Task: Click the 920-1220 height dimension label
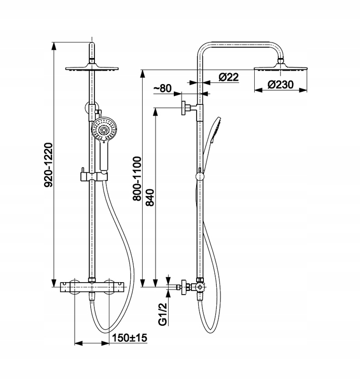coord(48,165)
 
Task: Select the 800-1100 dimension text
coord(137,178)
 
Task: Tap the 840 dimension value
coord(150,198)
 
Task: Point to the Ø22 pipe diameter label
coord(229,77)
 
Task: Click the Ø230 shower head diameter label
coord(280,85)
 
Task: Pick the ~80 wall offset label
coord(162,88)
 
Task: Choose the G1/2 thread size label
coord(162,314)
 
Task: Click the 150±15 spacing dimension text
coord(130,338)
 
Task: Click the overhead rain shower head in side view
coord(280,67)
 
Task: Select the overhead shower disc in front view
coord(92,68)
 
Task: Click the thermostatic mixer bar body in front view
coord(92,287)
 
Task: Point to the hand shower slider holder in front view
coord(94,176)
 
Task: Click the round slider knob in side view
coord(200,176)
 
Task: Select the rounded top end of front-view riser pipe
coord(92,45)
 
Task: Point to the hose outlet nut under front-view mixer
coord(92,296)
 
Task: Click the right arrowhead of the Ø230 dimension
coord(303,91)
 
